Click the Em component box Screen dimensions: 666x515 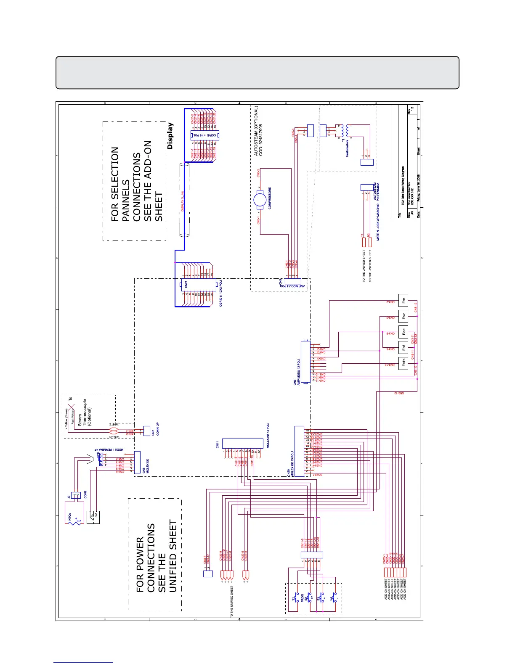404,301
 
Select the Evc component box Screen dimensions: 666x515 404,316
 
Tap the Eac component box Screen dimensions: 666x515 404,332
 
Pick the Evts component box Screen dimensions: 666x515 404,363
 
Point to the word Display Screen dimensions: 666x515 170,136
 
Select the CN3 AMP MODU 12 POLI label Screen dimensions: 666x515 297,372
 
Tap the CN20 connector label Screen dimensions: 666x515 288,473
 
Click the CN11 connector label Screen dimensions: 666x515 218,444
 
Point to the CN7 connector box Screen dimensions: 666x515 147,431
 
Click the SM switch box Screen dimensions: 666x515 94,517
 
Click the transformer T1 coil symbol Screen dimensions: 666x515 342,130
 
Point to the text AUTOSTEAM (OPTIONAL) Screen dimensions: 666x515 256,131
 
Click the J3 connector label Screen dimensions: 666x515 69,497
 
